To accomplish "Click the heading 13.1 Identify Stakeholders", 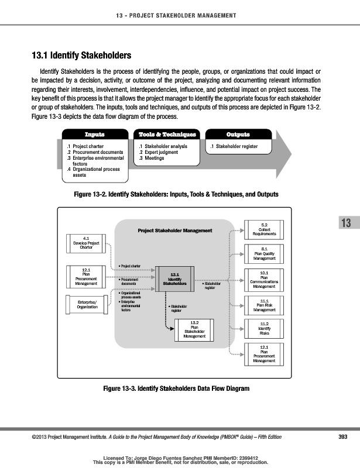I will point(80,56).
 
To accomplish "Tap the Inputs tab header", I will point(95,135).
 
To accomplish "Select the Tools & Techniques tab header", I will point(167,135).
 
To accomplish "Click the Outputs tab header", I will point(237,135).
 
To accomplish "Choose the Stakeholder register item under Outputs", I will point(234,146).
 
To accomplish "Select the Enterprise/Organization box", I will point(86,304).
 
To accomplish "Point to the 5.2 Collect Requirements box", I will point(264,229).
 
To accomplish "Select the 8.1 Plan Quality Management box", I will point(264,254).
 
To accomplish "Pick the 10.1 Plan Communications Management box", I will point(264,280).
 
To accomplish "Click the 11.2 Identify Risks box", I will point(264,329).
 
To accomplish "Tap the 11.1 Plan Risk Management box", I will point(264,304).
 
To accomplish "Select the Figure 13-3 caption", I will point(172,388).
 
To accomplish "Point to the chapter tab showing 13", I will point(345,223).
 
